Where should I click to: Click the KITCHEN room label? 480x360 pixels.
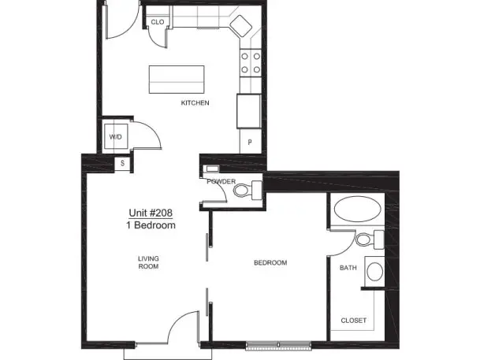(195, 102)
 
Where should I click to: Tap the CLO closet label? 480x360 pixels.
(158, 22)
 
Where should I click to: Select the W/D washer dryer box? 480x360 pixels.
(116, 136)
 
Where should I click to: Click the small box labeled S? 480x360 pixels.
(122, 163)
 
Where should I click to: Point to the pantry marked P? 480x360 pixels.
(250, 142)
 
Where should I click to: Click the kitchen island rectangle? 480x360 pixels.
(177, 80)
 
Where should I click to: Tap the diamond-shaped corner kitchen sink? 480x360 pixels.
(240, 25)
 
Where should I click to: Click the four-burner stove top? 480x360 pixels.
(251, 63)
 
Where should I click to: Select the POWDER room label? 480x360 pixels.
(221, 181)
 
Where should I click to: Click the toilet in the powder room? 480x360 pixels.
(247, 191)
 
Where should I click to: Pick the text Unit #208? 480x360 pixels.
(151, 213)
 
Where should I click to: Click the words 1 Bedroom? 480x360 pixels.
(151, 225)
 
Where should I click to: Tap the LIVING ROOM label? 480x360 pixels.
(148, 262)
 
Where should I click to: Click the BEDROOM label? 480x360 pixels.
(270, 263)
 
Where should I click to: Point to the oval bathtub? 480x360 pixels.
(358, 210)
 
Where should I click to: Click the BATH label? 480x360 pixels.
(348, 268)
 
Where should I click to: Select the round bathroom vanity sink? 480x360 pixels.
(374, 271)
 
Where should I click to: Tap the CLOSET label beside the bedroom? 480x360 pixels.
(354, 321)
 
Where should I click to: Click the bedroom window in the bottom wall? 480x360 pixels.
(278, 345)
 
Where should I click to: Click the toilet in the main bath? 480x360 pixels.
(370, 239)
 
